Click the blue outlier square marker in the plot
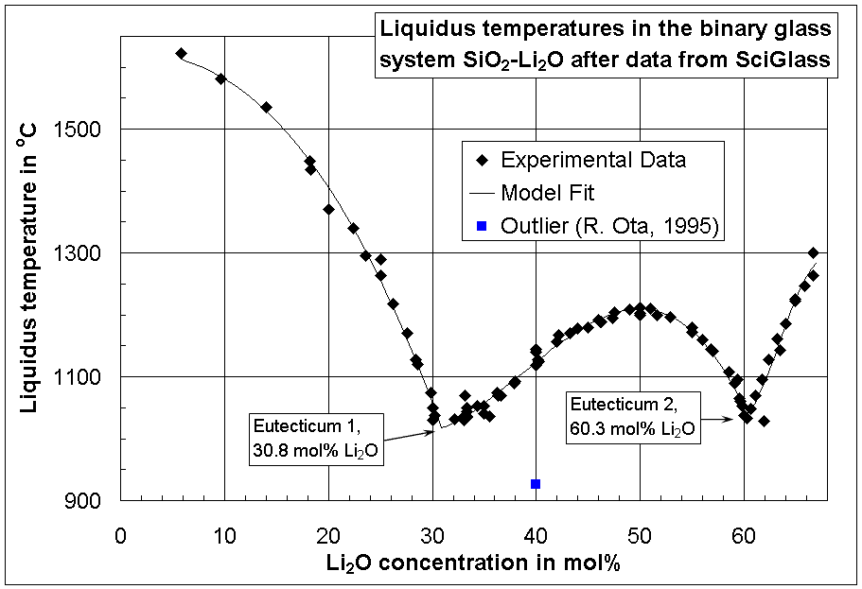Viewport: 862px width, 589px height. pyautogui.click(x=536, y=484)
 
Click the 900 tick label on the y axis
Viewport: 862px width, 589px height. pyautogui.click(x=96, y=501)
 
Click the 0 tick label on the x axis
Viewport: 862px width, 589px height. pyautogui.click(x=120, y=534)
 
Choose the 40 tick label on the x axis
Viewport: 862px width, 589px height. pyautogui.click(x=536, y=534)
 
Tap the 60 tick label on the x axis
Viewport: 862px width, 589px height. pyautogui.click(x=743, y=534)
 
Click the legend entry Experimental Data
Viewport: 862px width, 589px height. pyautogui.click(x=593, y=160)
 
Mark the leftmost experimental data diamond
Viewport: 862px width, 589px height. pyautogui.click(x=182, y=54)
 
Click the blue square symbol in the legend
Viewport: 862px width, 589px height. pyautogui.click(x=482, y=227)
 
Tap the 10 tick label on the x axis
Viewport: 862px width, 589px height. pyautogui.click(x=224, y=534)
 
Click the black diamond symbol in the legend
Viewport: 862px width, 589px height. pyautogui.click(x=482, y=160)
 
